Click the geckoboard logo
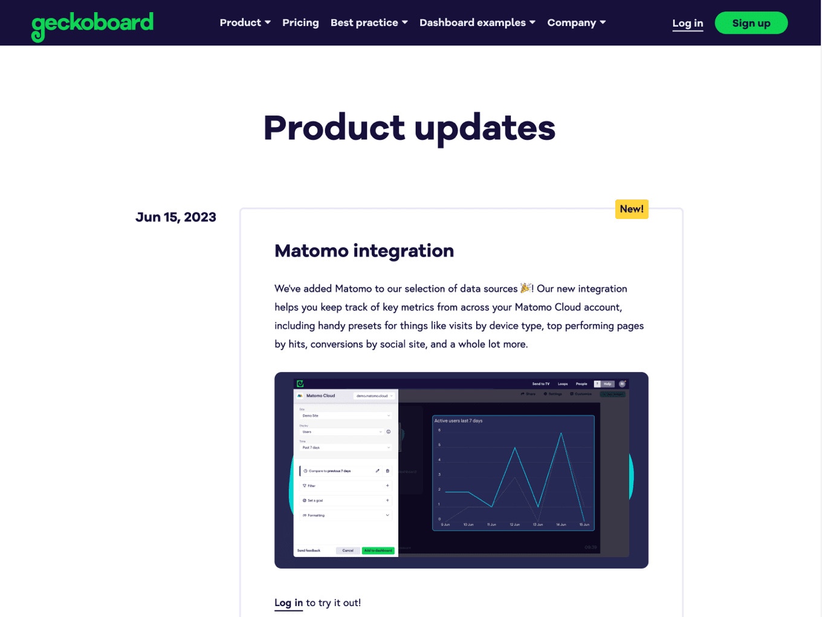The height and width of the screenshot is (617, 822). point(92,25)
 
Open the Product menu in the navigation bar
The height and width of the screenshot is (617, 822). point(245,22)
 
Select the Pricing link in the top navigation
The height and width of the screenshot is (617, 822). point(300,22)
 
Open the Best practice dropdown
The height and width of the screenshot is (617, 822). point(369,22)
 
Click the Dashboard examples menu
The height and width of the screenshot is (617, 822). point(477,22)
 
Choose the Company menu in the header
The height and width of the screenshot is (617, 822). point(576,22)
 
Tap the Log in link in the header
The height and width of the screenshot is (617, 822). point(688,23)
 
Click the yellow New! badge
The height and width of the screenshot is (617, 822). point(632,209)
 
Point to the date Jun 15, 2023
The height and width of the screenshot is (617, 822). point(176,217)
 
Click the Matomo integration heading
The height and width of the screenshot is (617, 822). point(364,250)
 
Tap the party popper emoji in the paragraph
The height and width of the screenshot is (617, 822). point(526,288)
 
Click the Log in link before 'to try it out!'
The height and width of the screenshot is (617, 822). point(288,602)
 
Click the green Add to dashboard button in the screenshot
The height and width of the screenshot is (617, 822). point(378,550)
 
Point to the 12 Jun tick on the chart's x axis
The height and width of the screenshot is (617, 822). point(515,524)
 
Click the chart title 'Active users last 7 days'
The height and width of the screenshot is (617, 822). point(458,420)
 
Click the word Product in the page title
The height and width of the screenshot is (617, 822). point(334,128)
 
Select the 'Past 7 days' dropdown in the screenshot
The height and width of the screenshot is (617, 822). point(346,448)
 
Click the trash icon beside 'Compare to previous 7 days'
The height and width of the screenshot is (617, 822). point(387,471)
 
